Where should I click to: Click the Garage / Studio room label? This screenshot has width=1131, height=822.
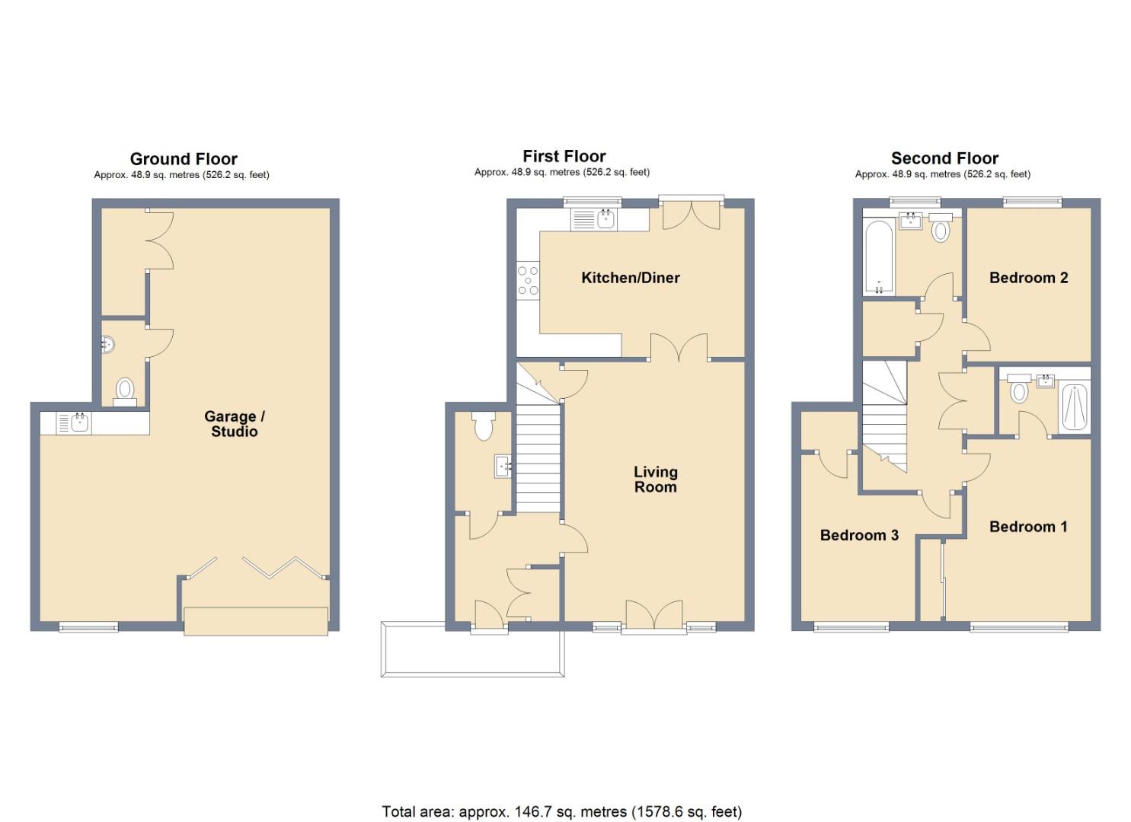pos(234,424)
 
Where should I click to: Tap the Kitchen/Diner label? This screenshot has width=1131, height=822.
pos(630,278)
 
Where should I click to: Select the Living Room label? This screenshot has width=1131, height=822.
pos(655,479)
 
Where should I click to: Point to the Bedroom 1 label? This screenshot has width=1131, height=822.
pos(1027,527)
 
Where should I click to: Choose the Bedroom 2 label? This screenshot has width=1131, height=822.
pos(1028,278)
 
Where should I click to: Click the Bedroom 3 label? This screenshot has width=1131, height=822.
pos(859,535)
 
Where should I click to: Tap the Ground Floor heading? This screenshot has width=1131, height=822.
pos(184,159)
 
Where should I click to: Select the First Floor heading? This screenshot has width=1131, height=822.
pos(564,157)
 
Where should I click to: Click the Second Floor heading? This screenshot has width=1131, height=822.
pos(944,158)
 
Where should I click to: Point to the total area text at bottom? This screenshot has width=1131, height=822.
pos(561,811)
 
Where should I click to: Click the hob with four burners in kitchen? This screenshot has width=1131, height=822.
pos(528,280)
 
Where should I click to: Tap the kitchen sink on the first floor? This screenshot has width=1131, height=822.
pos(605,220)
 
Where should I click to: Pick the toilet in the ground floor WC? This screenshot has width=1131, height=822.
pos(125,390)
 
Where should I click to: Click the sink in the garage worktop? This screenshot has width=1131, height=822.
pos(79,423)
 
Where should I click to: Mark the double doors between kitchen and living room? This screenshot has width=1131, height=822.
pos(679,348)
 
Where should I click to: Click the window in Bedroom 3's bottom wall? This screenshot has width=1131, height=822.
pos(851,627)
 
